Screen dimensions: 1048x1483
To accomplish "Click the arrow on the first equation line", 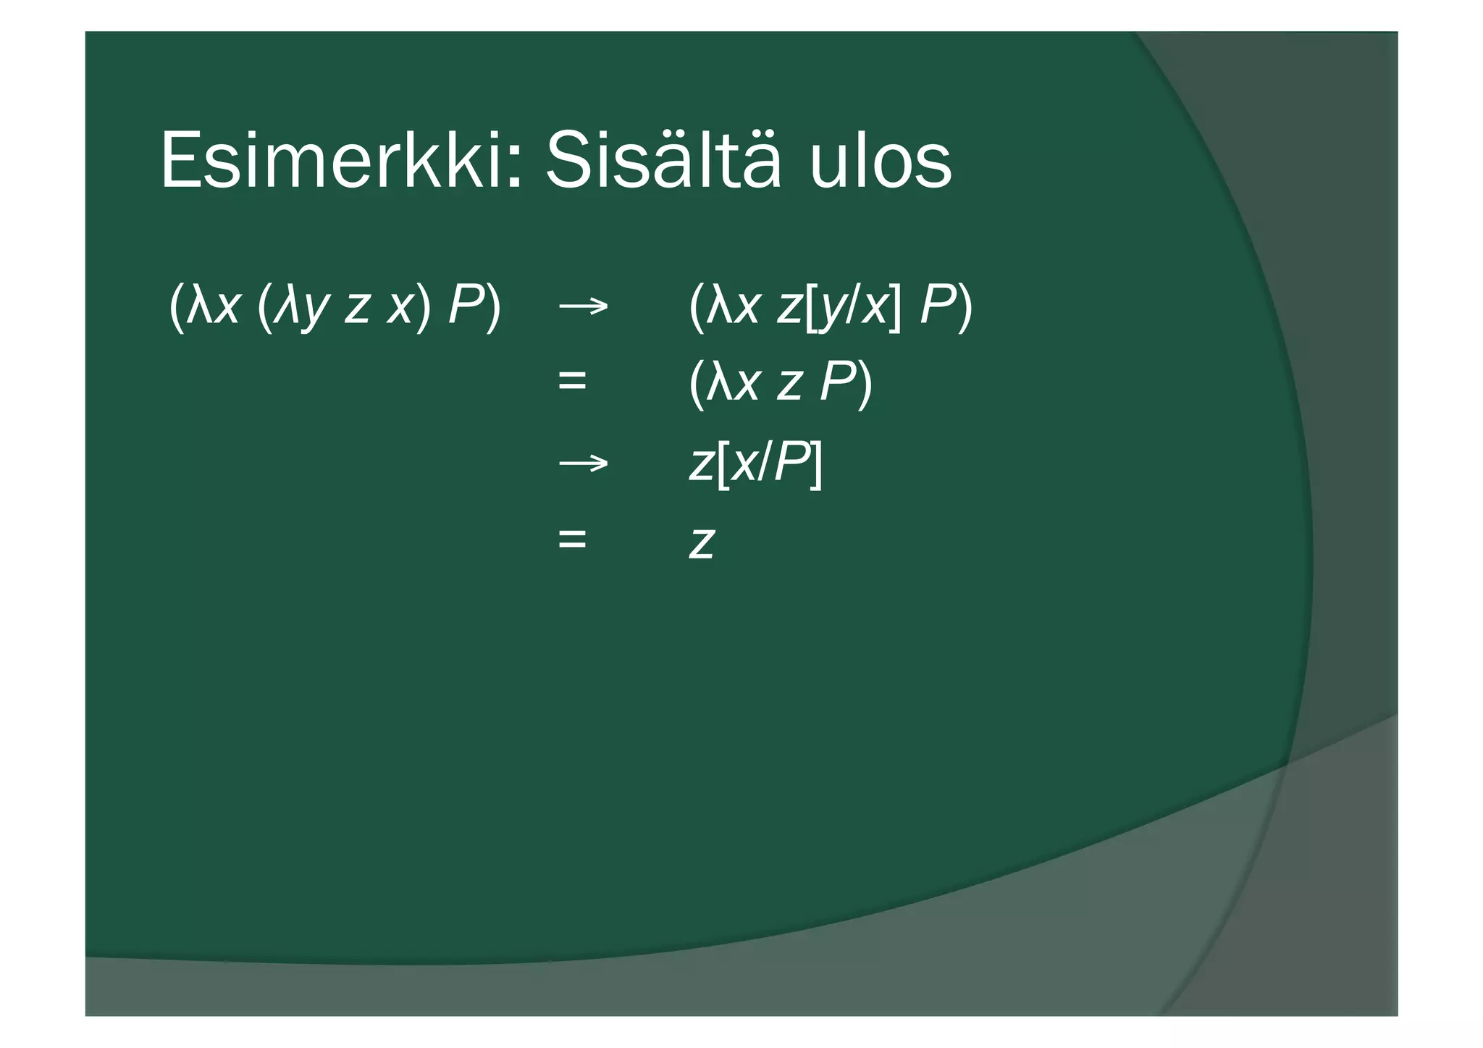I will [583, 306].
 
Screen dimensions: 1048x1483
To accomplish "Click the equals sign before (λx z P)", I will [572, 381].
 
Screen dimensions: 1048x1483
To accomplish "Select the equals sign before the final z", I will [572, 539].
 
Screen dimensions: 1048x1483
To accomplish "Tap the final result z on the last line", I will [702, 542].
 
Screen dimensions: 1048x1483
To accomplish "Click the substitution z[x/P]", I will [755, 464].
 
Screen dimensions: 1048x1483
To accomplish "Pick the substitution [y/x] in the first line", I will [853, 307].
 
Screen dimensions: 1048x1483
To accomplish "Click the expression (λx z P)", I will [780, 383].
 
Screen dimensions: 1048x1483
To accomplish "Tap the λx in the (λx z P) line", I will [733, 383].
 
